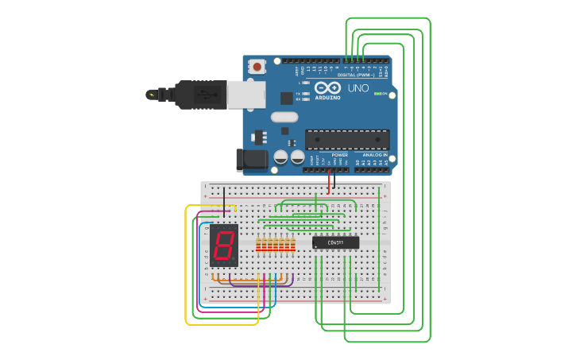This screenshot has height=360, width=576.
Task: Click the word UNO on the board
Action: [x=358, y=88]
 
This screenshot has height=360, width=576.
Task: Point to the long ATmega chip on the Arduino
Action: [x=347, y=140]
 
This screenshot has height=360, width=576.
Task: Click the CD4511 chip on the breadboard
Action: [x=335, y=242]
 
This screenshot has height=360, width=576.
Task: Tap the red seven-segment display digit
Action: [x=224, y=244]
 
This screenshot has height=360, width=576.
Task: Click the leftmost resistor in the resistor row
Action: [x=258, y=244]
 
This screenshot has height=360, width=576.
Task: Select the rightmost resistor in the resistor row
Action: [x=292, y=244]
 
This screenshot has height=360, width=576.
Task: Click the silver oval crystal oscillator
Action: [x=284, y=118]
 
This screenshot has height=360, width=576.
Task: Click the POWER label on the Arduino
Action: [x=329, y=155]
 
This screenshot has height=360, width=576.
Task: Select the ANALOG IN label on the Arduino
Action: [x=375, y=155]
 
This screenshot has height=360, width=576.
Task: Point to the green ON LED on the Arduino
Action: [x=377, y=94]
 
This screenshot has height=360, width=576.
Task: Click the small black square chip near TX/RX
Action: [x=286, y=98]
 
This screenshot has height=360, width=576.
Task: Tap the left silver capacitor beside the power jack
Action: [x=280, y=157]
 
